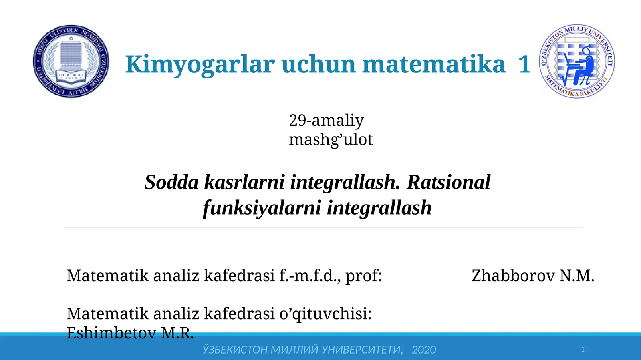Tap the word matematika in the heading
click(x=433, y=64)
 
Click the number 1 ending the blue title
click(x=524, y=64)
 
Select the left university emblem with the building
click(x=71, y=61)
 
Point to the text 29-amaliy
click(x=326, y=120)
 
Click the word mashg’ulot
click(x=331, y=139)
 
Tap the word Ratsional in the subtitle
click(x=448, y=182)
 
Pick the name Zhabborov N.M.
click(x=532, y=276)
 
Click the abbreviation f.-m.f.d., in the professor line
click(x=310, y=276)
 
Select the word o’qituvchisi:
click(x=325, y=314)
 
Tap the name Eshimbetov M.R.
click(x=130, y=333)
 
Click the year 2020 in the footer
click(x=423, y=350)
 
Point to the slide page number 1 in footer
click(x=583, y=350)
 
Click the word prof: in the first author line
click(x=363, y=276)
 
